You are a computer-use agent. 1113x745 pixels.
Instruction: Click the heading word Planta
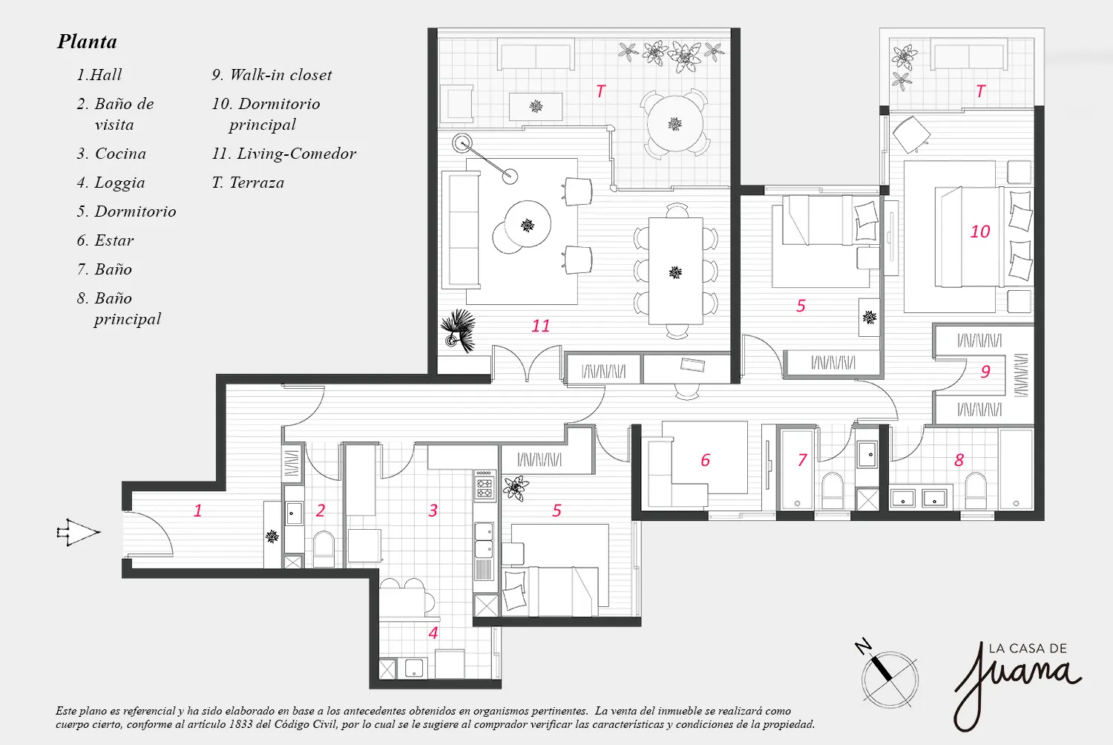88,42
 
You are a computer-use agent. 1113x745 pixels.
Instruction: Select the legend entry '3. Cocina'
111,154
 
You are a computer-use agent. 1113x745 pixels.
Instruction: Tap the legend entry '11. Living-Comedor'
283,154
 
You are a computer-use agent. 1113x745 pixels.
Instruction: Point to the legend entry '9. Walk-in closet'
272,75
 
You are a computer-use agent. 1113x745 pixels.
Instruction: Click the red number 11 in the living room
541,326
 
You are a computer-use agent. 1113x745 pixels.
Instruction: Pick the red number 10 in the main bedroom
980,232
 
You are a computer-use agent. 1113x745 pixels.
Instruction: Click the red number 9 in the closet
986,372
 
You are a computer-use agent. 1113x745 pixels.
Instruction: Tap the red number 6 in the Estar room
706,460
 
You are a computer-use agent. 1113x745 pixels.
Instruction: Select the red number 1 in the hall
198,511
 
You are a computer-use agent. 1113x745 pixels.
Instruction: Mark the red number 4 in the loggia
433,633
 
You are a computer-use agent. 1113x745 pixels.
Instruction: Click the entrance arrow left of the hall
79,532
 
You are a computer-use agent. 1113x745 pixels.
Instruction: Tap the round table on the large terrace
674,124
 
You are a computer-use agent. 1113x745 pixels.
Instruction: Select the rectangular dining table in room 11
676,271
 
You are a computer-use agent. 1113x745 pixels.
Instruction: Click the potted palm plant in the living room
458,330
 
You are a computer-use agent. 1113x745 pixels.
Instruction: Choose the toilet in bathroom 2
324,549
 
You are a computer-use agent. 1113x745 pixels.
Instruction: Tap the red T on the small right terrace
980,91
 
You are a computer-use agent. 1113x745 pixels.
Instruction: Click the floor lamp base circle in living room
462,143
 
